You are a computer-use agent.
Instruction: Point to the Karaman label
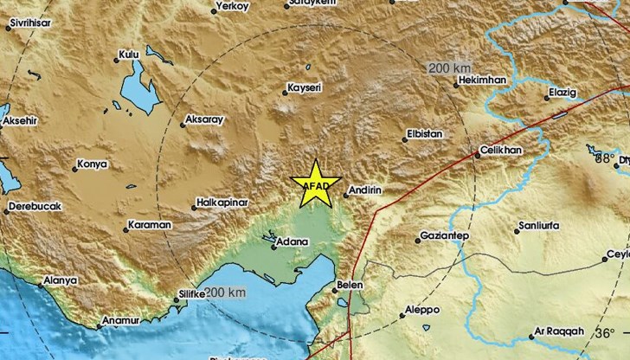click(150, 225)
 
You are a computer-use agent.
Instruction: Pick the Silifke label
click(190, 295)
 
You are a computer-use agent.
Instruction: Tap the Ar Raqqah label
click(562, 331)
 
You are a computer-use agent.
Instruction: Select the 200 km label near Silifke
click(228, 293)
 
